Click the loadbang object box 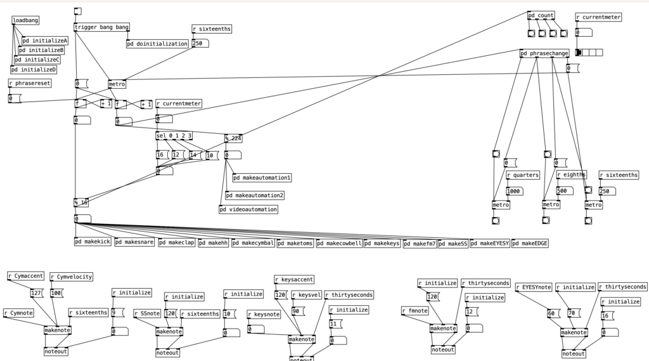click(25, 20)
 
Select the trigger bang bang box click(102, 27)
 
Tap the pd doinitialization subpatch click(157, 44)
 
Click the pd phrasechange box click(544, 53)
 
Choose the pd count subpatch click(541, 15)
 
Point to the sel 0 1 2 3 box click(174, 136)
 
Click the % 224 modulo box click(233, 138)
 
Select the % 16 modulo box click(81, 203)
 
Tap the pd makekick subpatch click(93, 242)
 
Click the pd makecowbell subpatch click(339, 242)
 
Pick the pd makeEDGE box click(530, 242)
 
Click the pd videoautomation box click(248, 209)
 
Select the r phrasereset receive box click(30, 83)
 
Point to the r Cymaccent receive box click(26, 276)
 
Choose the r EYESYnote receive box click(534, 287)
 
